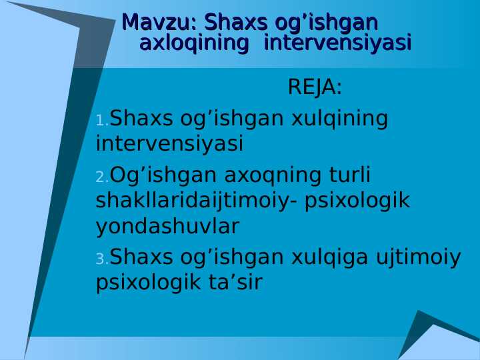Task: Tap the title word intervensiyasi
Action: (x=337, y=44)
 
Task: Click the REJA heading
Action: (x=315, y=87)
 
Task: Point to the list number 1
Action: (x=101, y=121)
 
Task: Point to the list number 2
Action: (x=101, y=177)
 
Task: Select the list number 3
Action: (x=101, y=259)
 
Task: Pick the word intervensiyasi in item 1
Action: (x=169, y=144)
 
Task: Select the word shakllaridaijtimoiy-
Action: (x=197, y=201)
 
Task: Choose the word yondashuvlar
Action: (x=167, y=227)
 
